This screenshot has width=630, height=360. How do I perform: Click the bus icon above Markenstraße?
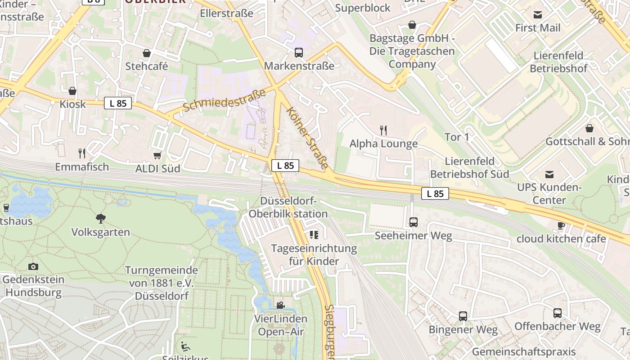click(x=299, y=53)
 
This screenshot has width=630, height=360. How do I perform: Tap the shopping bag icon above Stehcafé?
click(x=146, y=53)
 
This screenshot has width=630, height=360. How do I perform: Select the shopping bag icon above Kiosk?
click(x=72, y=91)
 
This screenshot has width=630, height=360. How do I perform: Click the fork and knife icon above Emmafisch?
click(x=82, y=153)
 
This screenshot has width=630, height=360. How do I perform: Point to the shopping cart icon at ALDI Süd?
click(x=157, y=155)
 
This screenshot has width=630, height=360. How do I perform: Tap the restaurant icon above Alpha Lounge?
click(x=383, y=130)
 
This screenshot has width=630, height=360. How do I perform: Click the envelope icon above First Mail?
click(x=538, y=14)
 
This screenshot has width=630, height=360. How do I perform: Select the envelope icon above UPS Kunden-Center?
click(x=549, y=174)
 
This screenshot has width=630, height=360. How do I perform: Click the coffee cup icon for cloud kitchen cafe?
click(x=561, y=225)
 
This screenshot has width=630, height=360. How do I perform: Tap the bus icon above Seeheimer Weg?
click(x=413, y=222)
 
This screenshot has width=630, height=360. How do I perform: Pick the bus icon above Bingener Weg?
click(x=463, y=316)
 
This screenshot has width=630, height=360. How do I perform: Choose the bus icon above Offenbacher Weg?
click(x=557, y=313)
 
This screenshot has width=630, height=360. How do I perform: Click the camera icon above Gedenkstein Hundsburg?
click(x=33, y=266)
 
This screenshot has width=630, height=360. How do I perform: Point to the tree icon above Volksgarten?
click(x=101, y=219)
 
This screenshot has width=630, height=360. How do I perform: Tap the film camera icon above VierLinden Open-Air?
click(x=280, y=306)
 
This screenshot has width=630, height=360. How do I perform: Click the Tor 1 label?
click(x=457, y=137)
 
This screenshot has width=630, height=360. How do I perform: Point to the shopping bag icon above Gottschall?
click(x=589, y=128)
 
